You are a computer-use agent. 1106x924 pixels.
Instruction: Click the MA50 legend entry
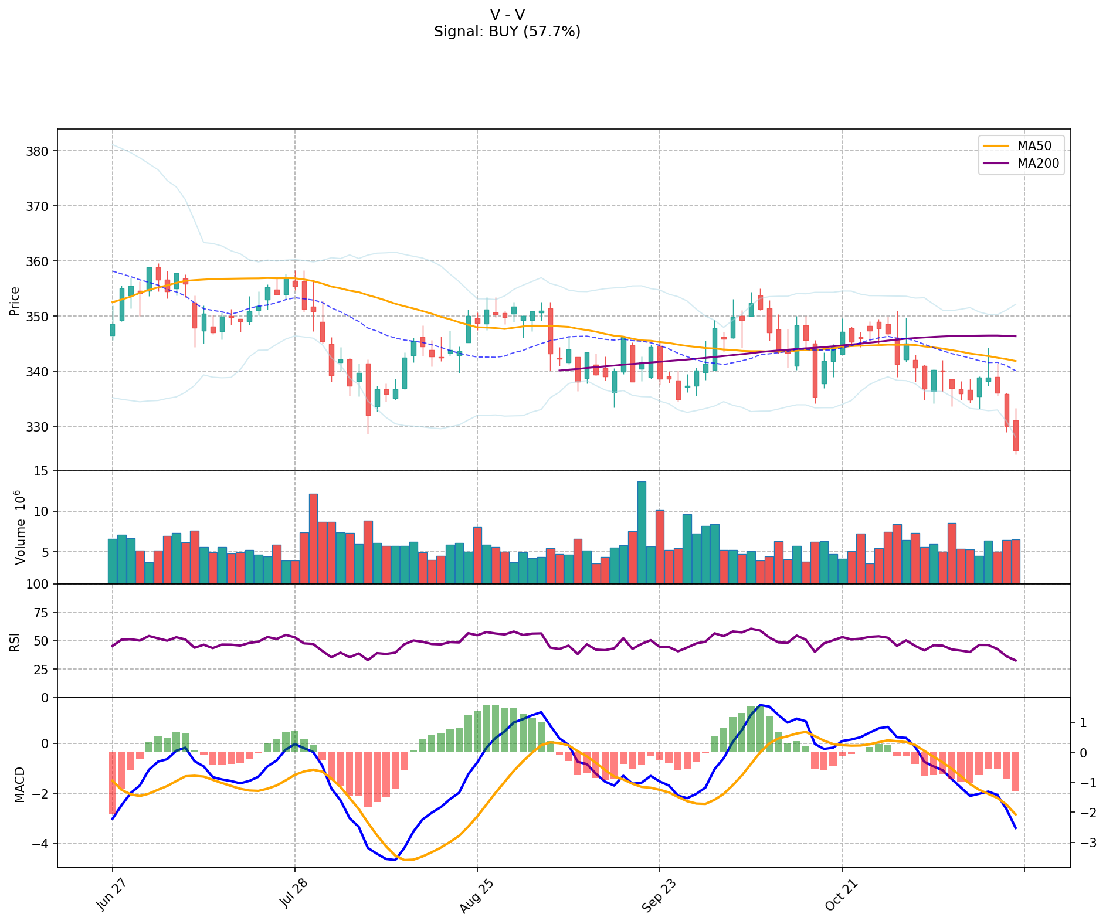(1034, 146)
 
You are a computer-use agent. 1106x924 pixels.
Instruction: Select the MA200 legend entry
(1038, 164)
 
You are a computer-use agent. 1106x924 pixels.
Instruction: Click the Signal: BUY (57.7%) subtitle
(507, 32)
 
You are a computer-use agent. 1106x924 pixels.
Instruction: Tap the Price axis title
(15, 301)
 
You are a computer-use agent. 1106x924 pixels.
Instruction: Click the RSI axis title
(15, 641)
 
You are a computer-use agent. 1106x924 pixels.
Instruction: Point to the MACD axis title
(19, 784)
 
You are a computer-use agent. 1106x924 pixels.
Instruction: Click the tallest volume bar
(642, 532)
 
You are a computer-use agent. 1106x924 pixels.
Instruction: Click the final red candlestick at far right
(1016, 435)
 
